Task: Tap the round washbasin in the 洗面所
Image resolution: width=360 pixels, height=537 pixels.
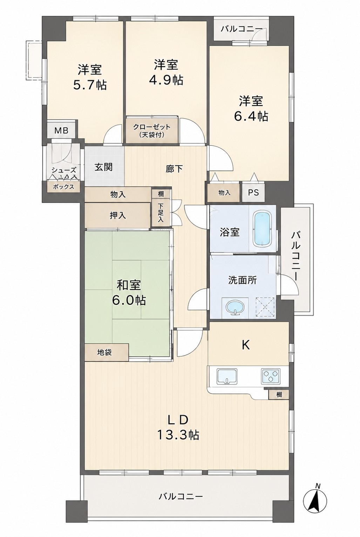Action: coord(236,308)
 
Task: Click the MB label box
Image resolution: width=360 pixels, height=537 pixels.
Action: coord(61,130)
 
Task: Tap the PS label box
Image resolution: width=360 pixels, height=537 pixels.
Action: coord(253,192)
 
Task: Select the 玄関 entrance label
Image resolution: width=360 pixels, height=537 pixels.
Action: coord(103,167)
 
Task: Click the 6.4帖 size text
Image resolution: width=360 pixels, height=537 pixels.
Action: coord(251,116)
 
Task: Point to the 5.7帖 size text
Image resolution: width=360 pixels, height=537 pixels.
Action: coord(90,84)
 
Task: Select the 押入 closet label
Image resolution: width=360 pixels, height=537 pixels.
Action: coord(117,215)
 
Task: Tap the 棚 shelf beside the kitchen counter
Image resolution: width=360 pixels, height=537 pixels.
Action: coord(279,394)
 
